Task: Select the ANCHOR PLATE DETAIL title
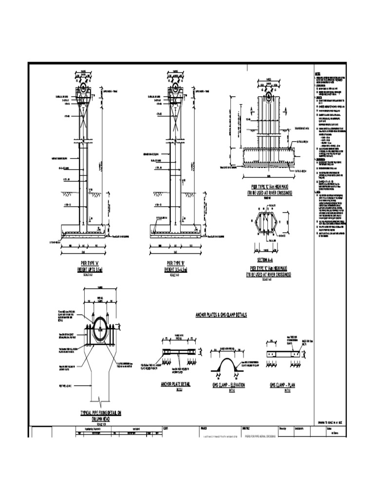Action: click(175, 384)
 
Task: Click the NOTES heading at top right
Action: click(318, 74)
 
